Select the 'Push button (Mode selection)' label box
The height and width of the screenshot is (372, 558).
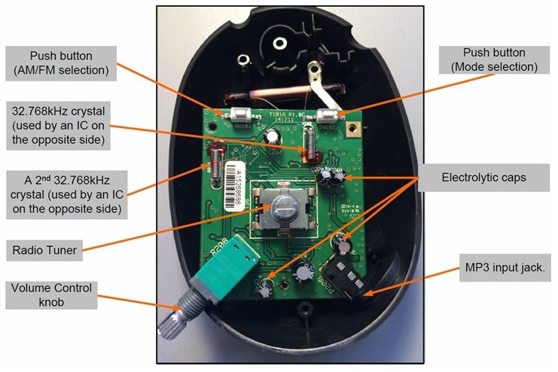(493, 61)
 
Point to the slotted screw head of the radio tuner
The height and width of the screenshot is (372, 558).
(283, 207)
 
